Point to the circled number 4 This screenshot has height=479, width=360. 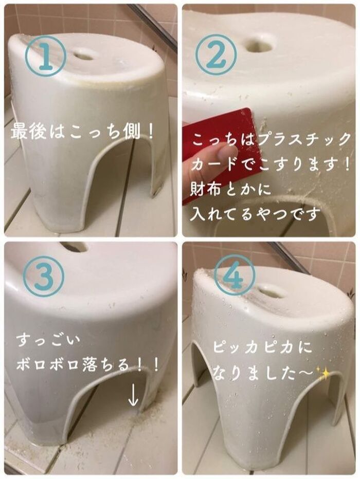tap(235, 274)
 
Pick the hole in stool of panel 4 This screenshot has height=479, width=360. tap(272, 292)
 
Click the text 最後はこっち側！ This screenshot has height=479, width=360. tap(82, 132)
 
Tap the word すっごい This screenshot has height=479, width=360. tap(48, 341)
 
